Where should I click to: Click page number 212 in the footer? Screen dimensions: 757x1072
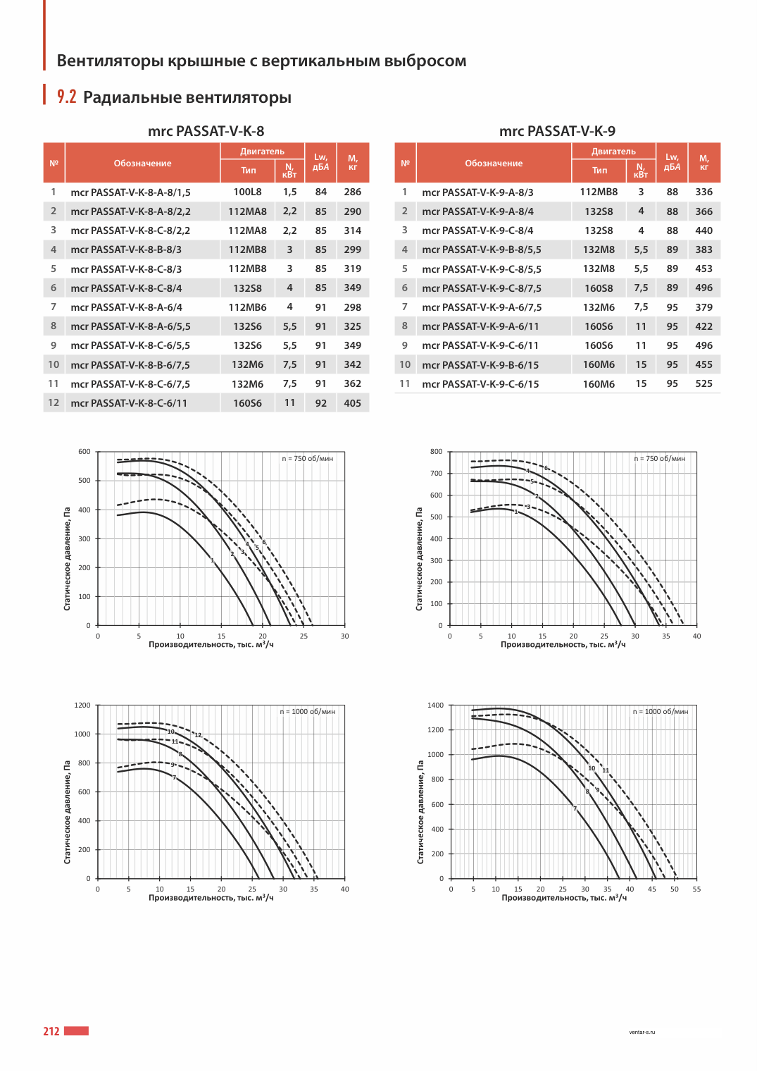(51, 1031)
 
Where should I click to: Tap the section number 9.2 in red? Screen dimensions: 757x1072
(66, 97)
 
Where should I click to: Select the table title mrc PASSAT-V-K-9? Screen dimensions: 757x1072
(557, 130)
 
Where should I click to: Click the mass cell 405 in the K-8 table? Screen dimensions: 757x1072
(352, 403)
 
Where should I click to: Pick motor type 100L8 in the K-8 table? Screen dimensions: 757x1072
(247, 192)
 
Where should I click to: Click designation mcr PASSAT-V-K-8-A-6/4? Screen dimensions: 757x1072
(126, 307)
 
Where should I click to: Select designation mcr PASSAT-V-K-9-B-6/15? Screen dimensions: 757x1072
(480, 364)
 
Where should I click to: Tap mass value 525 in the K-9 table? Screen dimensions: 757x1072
(704, 383)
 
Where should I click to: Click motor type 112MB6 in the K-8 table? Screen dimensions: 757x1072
(247, 307)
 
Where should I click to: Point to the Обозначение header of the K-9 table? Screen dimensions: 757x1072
(494, 164)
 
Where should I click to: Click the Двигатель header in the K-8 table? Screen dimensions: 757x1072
(262, 152)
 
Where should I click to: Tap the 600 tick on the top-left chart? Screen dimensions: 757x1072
(85, 451)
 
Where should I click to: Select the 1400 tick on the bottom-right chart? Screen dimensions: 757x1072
(436, 705)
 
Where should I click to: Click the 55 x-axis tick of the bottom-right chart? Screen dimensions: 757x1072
(696, 889)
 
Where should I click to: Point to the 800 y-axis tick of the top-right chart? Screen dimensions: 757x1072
(436, 451)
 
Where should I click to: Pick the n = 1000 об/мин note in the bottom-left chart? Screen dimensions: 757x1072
(308, 712)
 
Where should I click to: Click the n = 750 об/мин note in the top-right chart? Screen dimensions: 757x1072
(659, 458)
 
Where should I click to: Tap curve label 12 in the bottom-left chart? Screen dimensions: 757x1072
(198, 735)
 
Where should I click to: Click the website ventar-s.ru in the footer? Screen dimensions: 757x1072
(642, 1033)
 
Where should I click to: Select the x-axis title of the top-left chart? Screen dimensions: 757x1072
(211, 644)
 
